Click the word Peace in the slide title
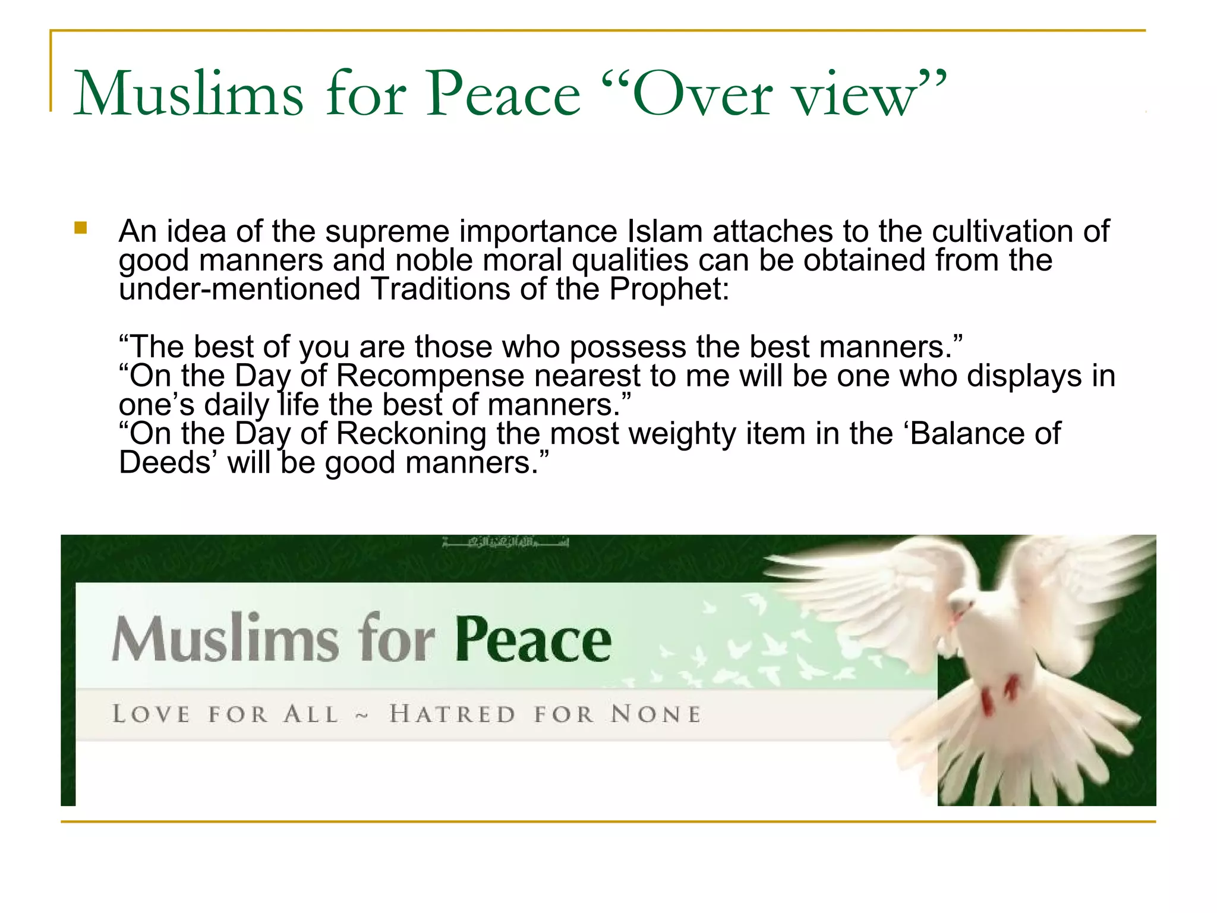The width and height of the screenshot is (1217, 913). [503, 94]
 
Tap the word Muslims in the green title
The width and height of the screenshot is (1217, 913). [188, 94]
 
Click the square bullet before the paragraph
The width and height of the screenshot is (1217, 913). [81, 228]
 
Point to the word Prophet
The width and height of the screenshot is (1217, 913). [668, 289]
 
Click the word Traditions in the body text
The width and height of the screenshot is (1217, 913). [440, 289]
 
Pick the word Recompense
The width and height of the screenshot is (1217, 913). [430, 376]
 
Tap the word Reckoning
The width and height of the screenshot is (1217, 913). [411, 434]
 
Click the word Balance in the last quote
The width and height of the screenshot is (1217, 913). [967, 434]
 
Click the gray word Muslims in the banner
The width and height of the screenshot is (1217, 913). [225, 639]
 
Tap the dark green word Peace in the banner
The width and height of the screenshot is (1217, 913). [533, 639]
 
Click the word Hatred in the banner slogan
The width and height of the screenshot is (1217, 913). [452, 714]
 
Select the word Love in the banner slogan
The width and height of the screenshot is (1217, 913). [152, 714]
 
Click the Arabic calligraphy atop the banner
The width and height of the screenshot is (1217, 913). [506, 542]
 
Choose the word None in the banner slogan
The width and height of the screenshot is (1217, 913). [656, 714]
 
